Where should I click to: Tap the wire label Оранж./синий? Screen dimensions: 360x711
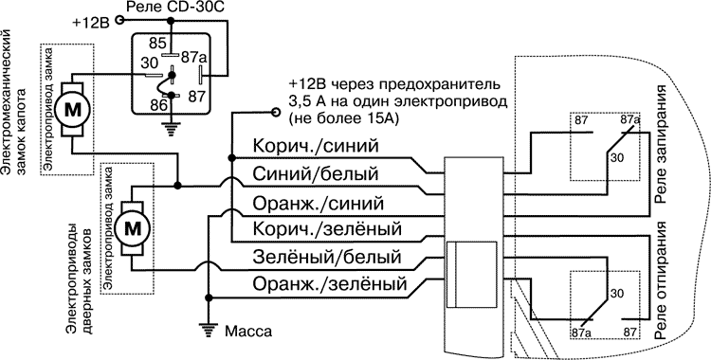[318, 203]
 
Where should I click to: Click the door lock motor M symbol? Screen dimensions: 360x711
[134, 226]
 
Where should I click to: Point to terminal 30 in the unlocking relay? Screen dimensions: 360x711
[618, 295]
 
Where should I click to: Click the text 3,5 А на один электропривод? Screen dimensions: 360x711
[398, 99]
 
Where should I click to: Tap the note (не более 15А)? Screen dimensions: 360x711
[338, 117]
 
